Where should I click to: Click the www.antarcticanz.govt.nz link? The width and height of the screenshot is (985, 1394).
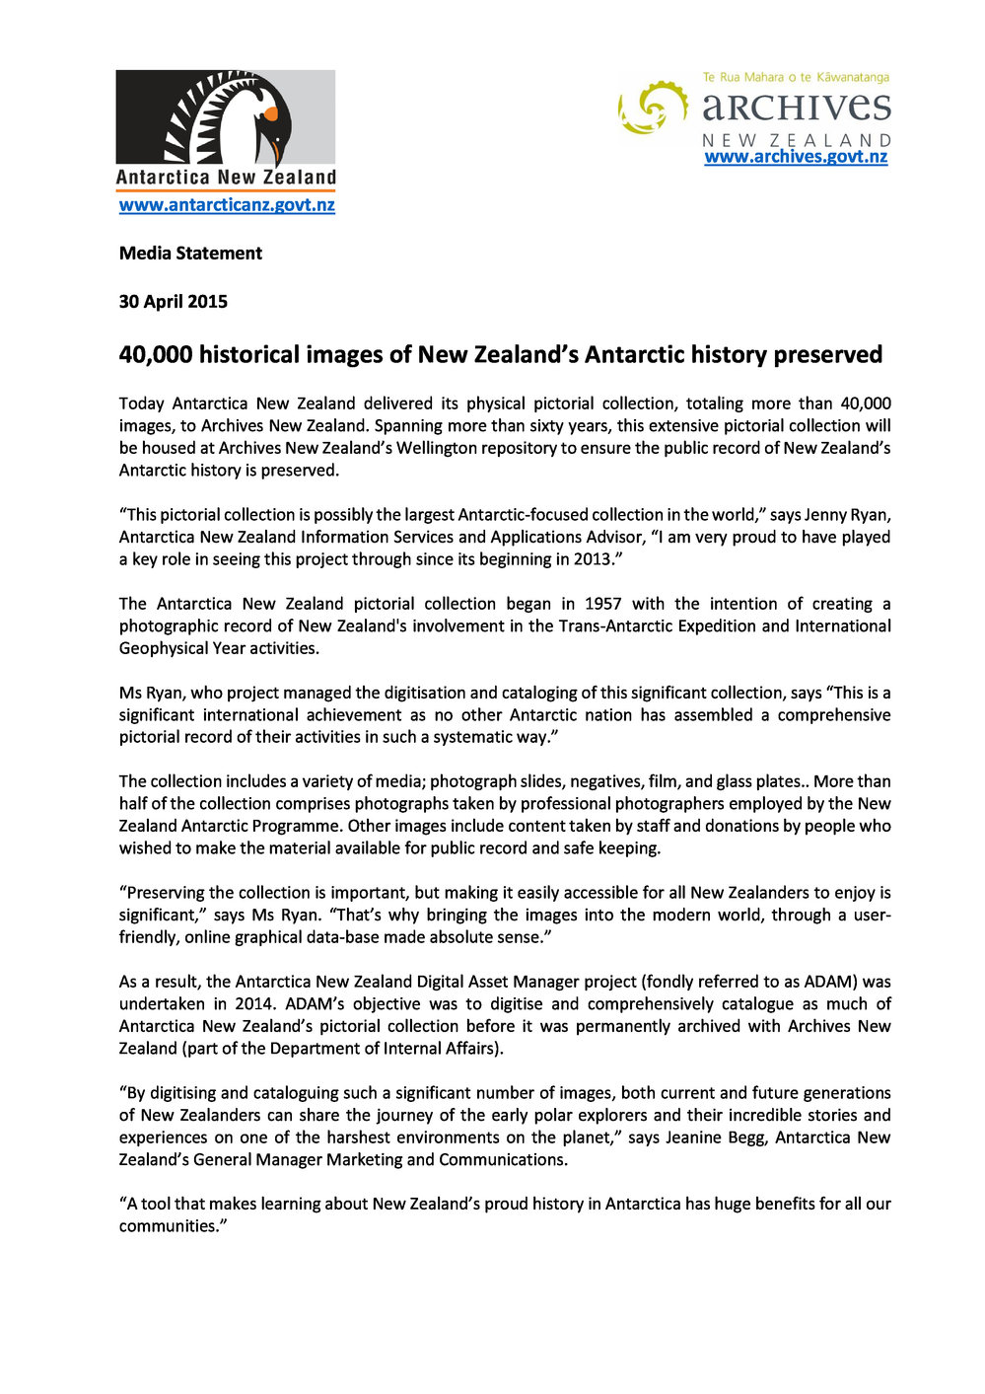click(227, 205)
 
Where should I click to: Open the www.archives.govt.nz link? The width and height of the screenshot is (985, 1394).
click(796, 157)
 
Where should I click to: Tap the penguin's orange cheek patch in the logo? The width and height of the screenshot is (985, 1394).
click(270, 113)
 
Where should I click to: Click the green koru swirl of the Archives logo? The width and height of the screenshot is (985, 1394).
click(653, 107)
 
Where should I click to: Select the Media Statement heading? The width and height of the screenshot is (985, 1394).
click(190, 254)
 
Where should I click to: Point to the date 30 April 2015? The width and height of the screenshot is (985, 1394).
click(174, 302)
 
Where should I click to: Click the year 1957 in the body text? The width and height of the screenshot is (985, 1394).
click(602, 604)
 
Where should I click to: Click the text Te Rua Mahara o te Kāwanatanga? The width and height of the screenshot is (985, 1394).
click(796, 77)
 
